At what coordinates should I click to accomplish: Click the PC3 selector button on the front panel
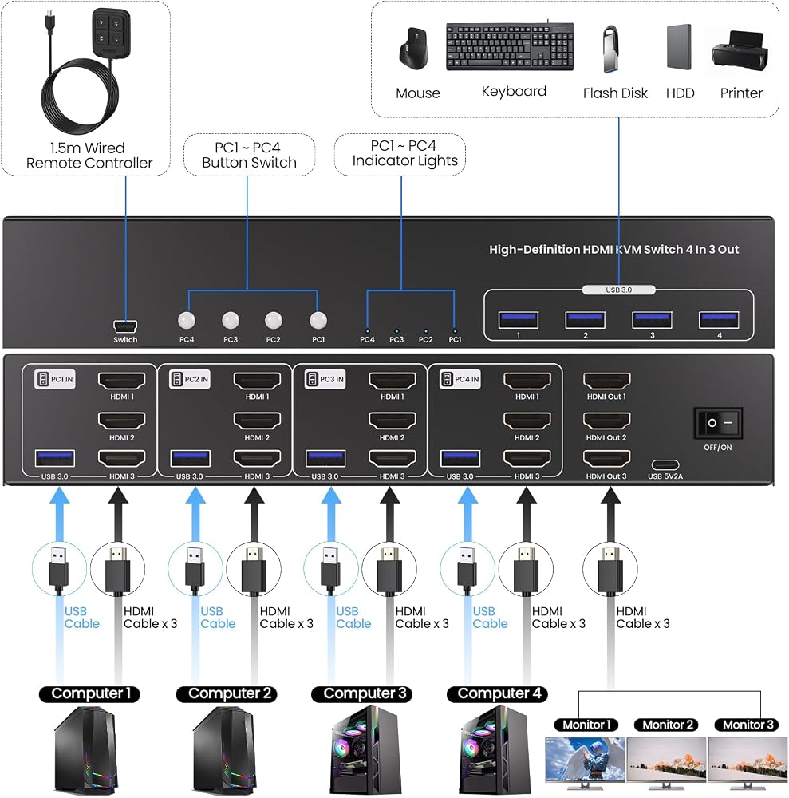point(231,320)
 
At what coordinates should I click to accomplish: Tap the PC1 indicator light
point(455,331)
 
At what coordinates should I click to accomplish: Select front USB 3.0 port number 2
point(585,320)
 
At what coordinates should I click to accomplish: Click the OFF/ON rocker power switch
point(718,422)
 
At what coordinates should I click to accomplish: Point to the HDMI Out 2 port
point(606,421)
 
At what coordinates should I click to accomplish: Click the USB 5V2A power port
point(665,464)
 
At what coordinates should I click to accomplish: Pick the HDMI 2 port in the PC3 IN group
point(393,421)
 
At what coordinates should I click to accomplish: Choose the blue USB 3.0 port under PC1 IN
point(55,459)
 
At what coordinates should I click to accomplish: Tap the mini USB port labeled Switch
point(125,326)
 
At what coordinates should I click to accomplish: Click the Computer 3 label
point(365,693)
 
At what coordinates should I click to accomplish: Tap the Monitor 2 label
point(668,725)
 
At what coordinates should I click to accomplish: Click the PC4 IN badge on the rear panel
point(460,379)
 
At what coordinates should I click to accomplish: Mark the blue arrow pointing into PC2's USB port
point(195,515)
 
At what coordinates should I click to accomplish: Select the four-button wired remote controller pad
point(112,31)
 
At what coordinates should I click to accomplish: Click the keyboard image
point(510,47)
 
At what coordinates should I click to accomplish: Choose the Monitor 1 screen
point(585,759)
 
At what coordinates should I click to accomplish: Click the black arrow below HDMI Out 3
point(610,515)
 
